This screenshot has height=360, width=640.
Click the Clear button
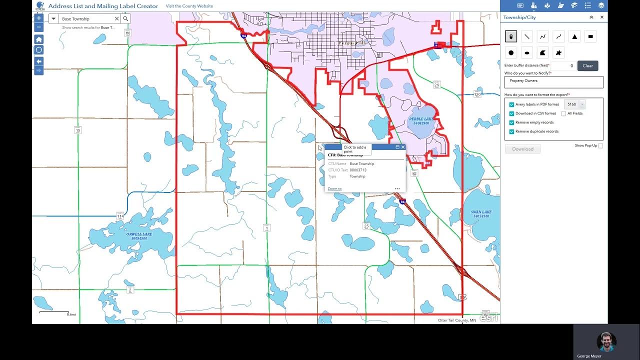pos(587,65)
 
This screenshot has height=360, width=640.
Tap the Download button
pos(522,149)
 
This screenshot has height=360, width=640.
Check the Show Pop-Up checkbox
pos(600,145)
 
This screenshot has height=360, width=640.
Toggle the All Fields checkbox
pos(563,113)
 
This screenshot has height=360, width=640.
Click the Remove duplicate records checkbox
pos(511,131)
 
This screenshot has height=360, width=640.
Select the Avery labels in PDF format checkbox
pos(511,104)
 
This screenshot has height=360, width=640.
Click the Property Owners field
pos(553,81)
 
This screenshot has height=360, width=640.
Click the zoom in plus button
pos(39,17)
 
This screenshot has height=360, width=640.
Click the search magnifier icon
pos(125,18)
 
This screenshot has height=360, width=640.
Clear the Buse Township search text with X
pos(117,18)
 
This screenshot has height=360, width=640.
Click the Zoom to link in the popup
pos(334,188)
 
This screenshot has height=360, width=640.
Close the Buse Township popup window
pos(403,147)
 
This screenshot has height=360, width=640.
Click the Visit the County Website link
pos(189,6)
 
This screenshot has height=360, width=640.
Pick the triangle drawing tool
pos(574,36)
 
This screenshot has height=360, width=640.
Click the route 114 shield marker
pos(119,216)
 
